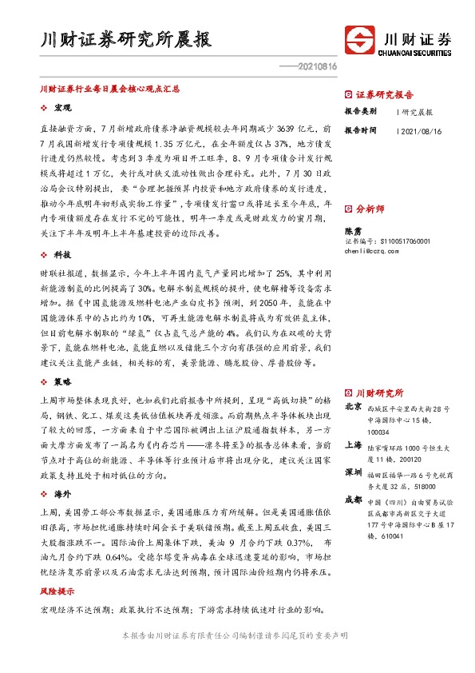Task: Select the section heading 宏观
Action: (x=62, y=107)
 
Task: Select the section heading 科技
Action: (x=62, y=253)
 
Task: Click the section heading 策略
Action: (x=62, y=383)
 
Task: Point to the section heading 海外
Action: (x=62, y=496)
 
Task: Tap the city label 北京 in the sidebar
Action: (x=352, y=408)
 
